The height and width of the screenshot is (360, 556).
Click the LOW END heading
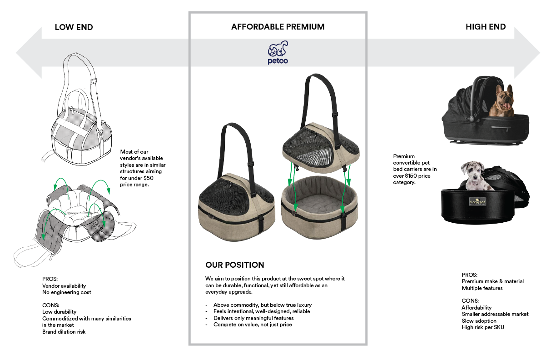click(x=74, y=27)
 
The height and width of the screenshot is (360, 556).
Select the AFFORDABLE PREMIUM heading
click(x=278, y=27)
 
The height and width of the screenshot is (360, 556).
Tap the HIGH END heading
click(x=485, y=27)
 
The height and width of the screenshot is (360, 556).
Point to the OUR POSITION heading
click(x=234, y=265)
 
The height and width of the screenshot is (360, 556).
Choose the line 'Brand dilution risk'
click(x=64, y=331)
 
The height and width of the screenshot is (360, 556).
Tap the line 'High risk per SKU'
click(x=483, y=327)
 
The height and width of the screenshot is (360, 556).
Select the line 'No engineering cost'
click(x=66, y=292)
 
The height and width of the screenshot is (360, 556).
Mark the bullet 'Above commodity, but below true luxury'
click(x=262, y=305)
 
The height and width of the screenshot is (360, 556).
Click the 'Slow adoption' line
click(x=479, y=320)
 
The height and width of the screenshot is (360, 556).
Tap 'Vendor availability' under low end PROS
click(x=64, y=286)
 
